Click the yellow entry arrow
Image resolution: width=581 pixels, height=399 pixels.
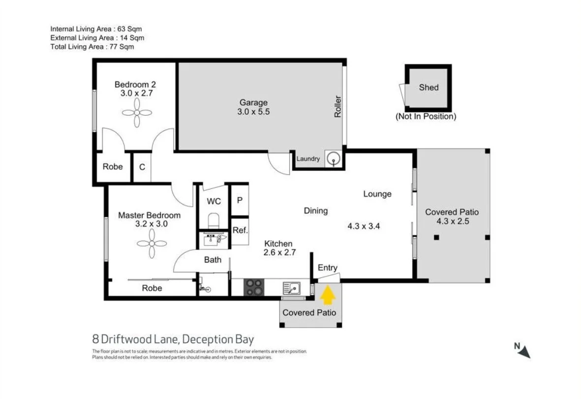click(x=328, y=296)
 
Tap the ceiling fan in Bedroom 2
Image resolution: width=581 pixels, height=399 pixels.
click(x=137, y=113)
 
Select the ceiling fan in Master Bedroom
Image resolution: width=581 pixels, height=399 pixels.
click(x=152, y=243)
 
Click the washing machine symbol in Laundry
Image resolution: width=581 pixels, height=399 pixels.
click(x=334, y=159)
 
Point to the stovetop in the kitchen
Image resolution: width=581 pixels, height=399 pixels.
click(x=254, y=287)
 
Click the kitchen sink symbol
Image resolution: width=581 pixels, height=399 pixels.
click(x=291, y=287)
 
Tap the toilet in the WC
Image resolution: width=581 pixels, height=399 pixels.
click(x=214, y=220)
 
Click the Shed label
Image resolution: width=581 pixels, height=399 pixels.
click(x=428, y=88)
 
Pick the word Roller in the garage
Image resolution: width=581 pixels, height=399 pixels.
click(x=338, y=106)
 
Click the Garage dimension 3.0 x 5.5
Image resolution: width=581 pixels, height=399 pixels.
click(x=254, y=112)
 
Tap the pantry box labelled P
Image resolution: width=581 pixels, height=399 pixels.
click(x=240, y=200)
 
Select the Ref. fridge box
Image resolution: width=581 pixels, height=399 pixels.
click(x=240, y=230)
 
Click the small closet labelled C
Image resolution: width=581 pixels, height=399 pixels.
click(x=142, y=167)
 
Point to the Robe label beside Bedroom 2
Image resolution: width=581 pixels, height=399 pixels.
click(x=113, y=167)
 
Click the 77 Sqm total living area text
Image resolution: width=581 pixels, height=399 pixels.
click(x=122, y=47)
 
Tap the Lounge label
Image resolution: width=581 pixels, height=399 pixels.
click(x=377, y=194)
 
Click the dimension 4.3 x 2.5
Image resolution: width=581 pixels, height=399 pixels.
click(x=452, y=221)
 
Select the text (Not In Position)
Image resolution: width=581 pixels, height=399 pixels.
click(x=426, y=117)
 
